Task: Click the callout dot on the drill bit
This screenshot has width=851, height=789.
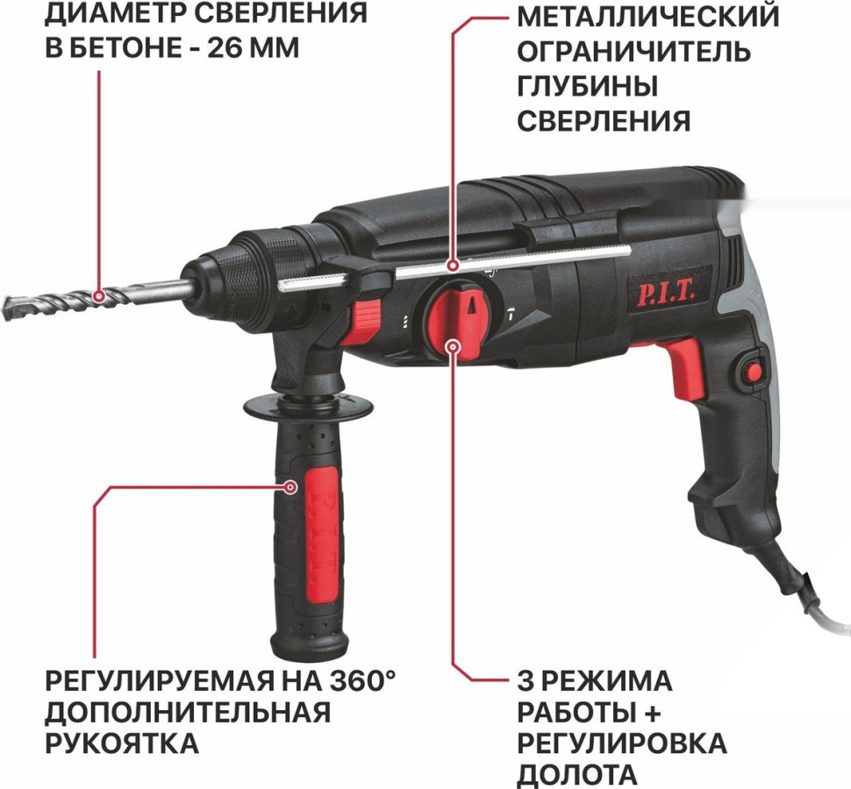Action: click(100, 295)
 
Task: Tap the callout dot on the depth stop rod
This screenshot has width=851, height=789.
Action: click(453, 264)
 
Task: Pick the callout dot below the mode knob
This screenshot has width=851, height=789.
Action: click(454, 348)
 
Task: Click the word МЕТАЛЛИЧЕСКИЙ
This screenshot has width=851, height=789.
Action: click(647, 15)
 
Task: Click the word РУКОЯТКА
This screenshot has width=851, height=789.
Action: click(121, 743)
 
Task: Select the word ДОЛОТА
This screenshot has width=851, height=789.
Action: click(576, 775)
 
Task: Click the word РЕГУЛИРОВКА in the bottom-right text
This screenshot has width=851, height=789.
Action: click(621, 743)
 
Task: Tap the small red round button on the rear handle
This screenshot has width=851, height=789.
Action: click(752, 370)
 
